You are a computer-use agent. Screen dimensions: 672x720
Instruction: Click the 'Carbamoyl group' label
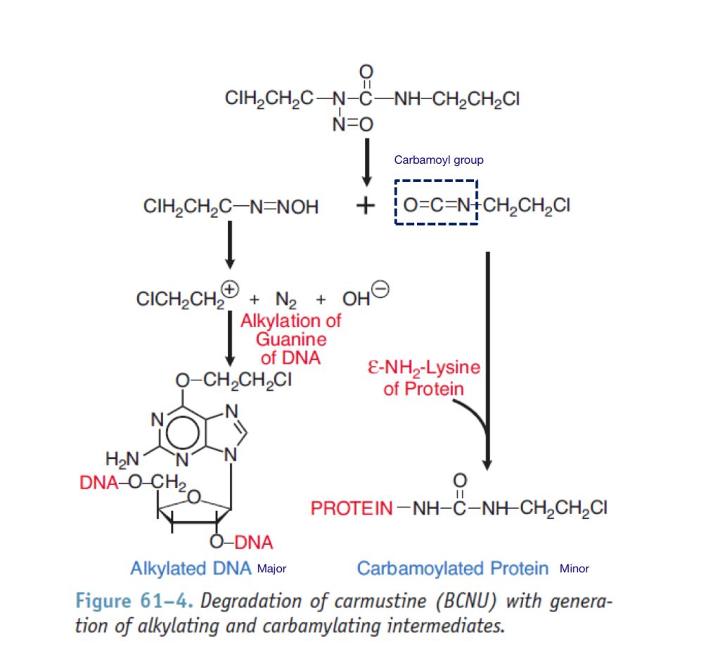[x=439, y=160]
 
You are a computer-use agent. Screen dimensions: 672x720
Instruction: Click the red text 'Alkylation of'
[x=290, y=321]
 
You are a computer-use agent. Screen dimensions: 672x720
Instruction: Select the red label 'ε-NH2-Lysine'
[x=423, y=368]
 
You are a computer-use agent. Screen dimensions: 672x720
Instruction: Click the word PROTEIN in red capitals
[x=352, y=508]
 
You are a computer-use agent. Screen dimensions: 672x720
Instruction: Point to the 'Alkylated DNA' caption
[x=191, y=568]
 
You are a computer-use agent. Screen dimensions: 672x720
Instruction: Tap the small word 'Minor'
[x=574, y=569]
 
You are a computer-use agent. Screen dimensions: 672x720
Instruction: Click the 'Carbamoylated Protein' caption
[x=453, y=568]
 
